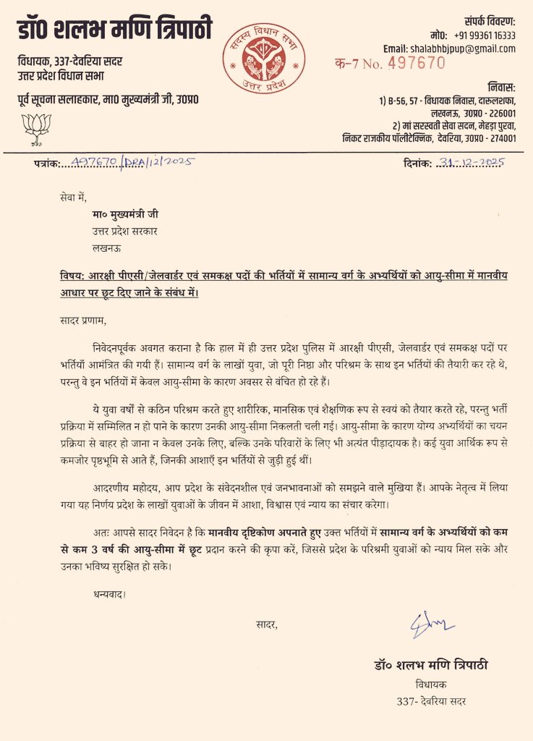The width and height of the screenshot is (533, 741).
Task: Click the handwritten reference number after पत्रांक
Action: (x=131, y=163)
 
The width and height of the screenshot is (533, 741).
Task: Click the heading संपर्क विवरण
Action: (x=489, y=21)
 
